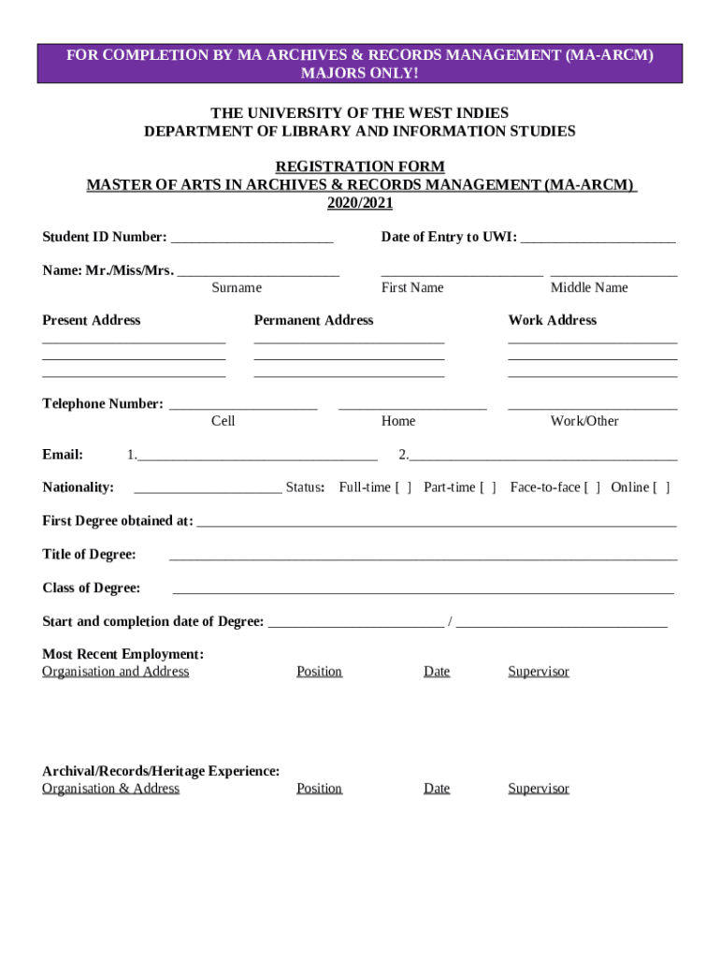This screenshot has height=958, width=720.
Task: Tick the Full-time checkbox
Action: pyautogui.click(x=403, y=487)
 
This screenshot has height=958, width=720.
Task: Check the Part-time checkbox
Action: pyautogui.click(x=488, y=487)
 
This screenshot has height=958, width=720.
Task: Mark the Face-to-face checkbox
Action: pyautogui.click(x=592, y=487)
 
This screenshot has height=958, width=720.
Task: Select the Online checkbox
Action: pyautogui.click(x=661, y=487)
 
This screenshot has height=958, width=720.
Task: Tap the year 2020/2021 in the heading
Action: pyautogui.click(x=360, y=203)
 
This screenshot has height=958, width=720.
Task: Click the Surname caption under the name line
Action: pyautogui.click(x=237, y=288)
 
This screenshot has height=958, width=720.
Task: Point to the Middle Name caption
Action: pyautogui.click(x=589, y=288)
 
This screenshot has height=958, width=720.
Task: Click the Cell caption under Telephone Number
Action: pyautogui.click(x=223, y=422)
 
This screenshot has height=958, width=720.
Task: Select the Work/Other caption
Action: pyautogui.click(x=584, y=422)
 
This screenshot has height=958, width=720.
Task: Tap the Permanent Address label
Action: pyautogui.click(x=313, y=321)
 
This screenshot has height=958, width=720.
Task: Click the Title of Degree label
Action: pyautogui.click(x=89, y=555)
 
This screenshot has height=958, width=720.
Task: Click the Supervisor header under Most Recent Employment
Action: pyautogui.click(x=539, y=672)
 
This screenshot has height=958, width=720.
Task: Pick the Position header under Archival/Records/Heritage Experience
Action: pyautogui.click(x=319, y=789)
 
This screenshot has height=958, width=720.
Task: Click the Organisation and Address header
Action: pyautogui.click(x=116, y=672)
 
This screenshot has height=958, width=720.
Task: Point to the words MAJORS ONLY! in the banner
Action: pyautogui.click(x=360, y=73)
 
